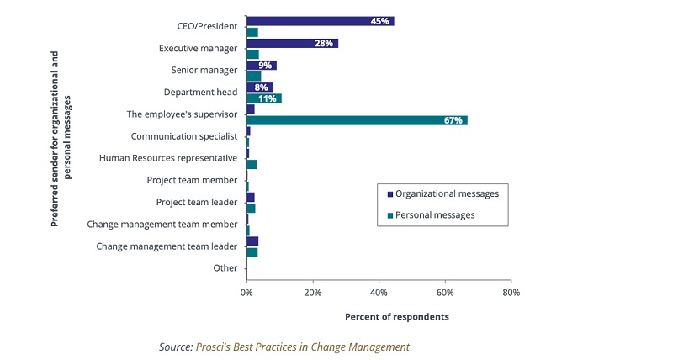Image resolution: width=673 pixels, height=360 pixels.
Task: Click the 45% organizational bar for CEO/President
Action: tap(320, 21)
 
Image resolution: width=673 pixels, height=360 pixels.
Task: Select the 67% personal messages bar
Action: tap(357, 120)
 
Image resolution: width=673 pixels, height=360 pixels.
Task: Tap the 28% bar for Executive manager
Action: tap(292, 43)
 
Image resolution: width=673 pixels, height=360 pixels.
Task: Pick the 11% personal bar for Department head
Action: tap(263, 98)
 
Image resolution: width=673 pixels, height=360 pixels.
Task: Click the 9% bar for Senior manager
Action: tap(261, 65)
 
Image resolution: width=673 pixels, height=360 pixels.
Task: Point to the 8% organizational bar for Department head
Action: tap(259, 87)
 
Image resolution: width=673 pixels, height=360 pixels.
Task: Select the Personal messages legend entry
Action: tap(435, 215)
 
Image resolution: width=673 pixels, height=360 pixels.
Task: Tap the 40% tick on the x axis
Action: tap(379, 293)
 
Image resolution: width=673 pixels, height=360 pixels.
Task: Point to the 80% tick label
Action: tap(511, 293)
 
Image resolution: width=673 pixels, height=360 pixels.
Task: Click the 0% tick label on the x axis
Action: tap(246, 293)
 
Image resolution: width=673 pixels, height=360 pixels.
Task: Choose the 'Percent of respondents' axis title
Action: tap(397, 317)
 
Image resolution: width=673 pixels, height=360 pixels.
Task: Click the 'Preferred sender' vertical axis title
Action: tap(61, 139)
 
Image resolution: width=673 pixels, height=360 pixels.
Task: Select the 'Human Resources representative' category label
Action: tap(167, 157)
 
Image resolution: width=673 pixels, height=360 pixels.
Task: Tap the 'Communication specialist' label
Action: tap(183, 135)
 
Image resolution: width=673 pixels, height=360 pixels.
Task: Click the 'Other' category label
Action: tap(225, 268)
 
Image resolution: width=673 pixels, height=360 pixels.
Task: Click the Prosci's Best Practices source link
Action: tap(302, 347)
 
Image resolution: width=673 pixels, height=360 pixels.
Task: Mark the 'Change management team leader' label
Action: tap(167, 246)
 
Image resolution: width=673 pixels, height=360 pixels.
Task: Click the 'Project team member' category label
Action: tap(192, 179)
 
